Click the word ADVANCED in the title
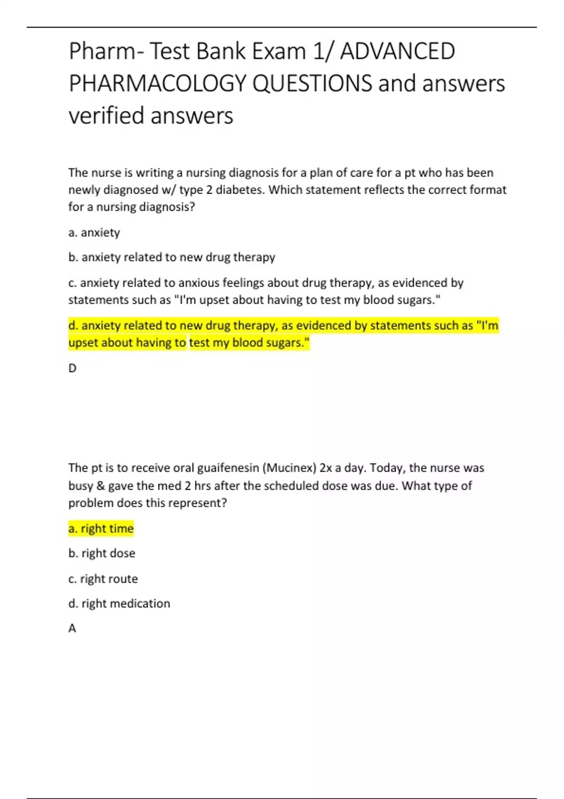397,51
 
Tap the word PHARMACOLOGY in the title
157,83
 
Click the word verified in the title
106,116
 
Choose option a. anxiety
94,233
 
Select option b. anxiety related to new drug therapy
172,258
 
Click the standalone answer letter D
72,368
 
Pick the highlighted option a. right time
101,529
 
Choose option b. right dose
102,554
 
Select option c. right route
103,579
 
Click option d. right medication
119,603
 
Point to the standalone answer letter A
72,628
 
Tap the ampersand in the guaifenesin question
100,486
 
